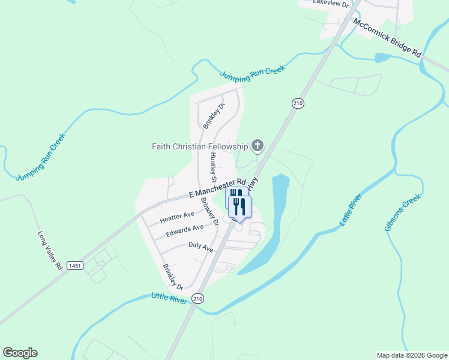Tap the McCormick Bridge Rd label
388,38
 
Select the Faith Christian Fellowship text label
200,146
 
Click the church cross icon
257,145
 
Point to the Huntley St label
212,167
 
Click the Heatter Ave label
176,215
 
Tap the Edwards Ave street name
185,230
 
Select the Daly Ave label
200,247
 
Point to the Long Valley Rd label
50,250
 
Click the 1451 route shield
75,265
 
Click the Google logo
20,353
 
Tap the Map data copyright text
412,355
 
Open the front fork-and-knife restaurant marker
240,207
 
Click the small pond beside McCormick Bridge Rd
382,58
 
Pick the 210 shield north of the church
298,103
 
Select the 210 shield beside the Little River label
198,298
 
